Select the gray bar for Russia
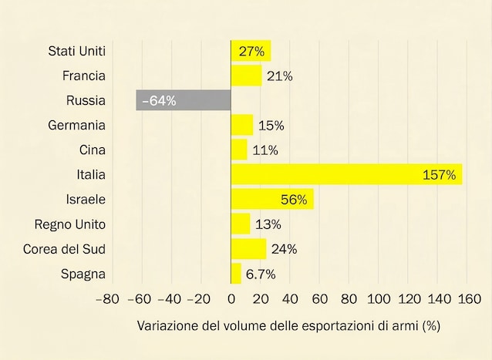click(x=184, y=100)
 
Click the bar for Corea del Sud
click(x=248, y=249)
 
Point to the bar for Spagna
click(x=236, y=274)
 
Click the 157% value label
click(x=441, y=175)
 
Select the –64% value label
click(x=160, y=101)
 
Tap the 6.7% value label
click(x=261, y=274)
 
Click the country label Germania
click(x=76, y=125)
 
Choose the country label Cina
click(x=92, y=150)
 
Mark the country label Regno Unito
click(x=70, y=224)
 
